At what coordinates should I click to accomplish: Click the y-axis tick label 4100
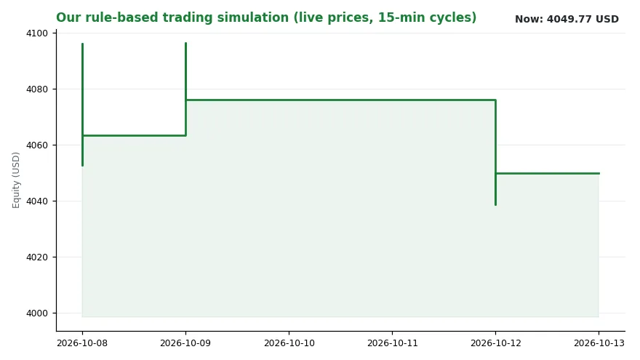tap(37, 33)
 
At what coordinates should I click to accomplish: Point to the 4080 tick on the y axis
tap(37, 89)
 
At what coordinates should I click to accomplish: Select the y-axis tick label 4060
tap(37, 145)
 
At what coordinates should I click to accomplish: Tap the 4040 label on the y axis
tap(37, 201)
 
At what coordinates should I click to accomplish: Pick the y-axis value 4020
tap(37, 257)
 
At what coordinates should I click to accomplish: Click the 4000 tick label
tap(37, 313)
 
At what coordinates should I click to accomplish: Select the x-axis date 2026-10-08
tap(82, 343)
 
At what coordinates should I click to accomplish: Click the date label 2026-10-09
tap(185, 343)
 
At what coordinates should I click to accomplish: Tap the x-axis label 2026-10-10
tap(289, 343)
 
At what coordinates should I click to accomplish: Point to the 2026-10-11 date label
tap(392, 343)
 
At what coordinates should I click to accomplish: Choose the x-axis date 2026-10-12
tap(495, 343)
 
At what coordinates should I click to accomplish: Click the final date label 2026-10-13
tap(599, 343)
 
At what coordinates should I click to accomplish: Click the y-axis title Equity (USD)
tap(16, 180)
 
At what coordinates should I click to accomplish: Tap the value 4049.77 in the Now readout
tap(569, 19)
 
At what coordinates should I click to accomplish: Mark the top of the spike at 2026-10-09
tap(185, 43)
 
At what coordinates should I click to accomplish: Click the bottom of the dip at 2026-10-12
tap(495, 205)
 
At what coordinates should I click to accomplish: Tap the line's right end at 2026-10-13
tap(599, 174)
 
